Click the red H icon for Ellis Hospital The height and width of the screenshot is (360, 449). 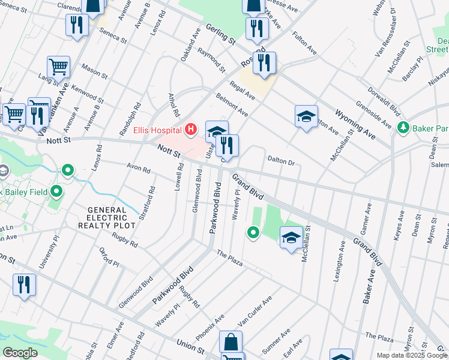[191, 128]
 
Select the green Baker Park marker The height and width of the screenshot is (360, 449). [403, 128]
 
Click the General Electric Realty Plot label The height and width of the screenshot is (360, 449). [102, 217]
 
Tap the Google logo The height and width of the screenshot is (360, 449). [20, 353]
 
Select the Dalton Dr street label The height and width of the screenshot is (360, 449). [281, 162]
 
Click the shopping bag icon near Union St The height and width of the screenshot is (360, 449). [231, 342]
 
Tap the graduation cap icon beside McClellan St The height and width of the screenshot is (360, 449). [291, 238]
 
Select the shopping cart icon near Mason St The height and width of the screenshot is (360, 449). [58, 67]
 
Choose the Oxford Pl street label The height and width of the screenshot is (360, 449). [109, 257]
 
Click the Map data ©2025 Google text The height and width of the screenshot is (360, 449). [411, 355]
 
